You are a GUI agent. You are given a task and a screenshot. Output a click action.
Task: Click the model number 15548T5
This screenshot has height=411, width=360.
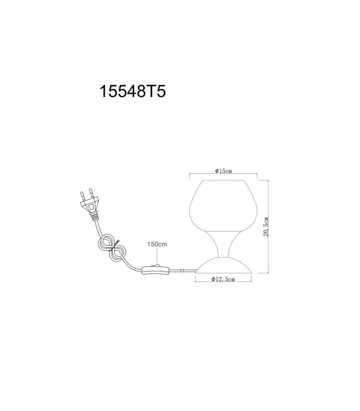(x=133, y=92)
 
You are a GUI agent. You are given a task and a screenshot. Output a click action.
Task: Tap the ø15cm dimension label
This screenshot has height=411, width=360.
(x=224, y=171)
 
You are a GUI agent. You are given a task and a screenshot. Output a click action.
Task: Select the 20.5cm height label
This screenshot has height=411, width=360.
(x=266, y=227)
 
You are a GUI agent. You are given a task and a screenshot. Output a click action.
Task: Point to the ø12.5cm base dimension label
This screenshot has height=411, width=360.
(x=223, y=279)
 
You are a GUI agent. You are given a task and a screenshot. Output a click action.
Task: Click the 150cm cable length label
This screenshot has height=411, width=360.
(x=157, y=245)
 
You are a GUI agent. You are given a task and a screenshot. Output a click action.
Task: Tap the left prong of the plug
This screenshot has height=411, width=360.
(x=82, y=196)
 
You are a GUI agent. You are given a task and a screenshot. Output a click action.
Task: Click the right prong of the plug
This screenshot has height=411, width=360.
(x=92, y=193)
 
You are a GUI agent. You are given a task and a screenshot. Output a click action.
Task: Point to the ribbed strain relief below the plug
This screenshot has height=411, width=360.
(x=94, y=216)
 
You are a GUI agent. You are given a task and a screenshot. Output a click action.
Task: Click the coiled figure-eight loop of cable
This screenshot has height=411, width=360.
(x=112, y=248)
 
